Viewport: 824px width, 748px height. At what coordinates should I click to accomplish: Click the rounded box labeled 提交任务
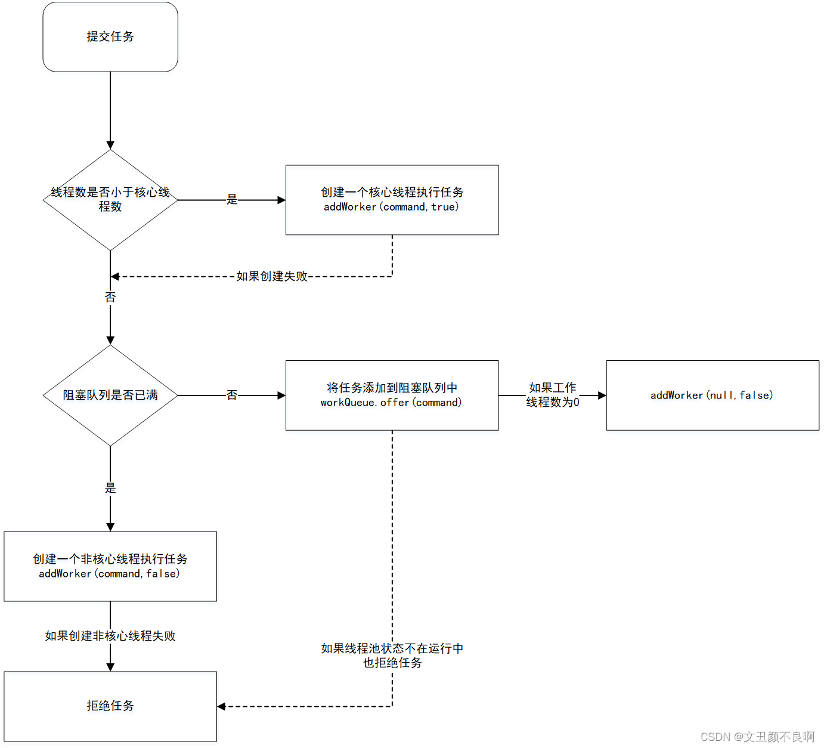click(110, 37)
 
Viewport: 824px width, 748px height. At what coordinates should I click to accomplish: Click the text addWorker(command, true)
click(391, 207)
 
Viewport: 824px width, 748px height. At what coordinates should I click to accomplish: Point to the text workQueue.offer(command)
click(391, 403)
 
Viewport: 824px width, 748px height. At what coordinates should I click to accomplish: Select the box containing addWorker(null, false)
click(712, 395)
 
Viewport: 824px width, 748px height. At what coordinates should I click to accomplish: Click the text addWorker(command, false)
click(109, 574)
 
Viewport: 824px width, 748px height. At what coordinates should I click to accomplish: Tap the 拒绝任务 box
click(110, 706)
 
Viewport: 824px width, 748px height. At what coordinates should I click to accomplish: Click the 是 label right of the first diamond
click(232, 200)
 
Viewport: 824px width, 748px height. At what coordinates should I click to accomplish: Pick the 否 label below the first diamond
click(110, 297)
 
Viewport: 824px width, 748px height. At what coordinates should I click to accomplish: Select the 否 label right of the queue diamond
click(232, 395)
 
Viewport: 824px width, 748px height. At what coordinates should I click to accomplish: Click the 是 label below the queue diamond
click(110, 488)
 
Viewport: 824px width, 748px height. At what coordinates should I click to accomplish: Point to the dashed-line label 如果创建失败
click(272, 276)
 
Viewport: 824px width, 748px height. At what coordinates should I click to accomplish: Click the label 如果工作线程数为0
click(553, 395)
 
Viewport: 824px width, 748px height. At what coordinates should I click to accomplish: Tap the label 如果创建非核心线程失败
click(110, 636)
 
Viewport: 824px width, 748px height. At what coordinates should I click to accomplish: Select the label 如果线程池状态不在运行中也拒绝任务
click(392, 656)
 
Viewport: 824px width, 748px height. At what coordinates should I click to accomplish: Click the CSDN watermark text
click(757, 737)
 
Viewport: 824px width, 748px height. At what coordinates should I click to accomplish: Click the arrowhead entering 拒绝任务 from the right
click(221, 706)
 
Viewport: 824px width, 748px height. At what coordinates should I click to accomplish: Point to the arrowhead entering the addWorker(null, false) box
click(602, 395)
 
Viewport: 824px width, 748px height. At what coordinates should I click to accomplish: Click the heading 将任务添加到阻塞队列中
click(392, 388)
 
